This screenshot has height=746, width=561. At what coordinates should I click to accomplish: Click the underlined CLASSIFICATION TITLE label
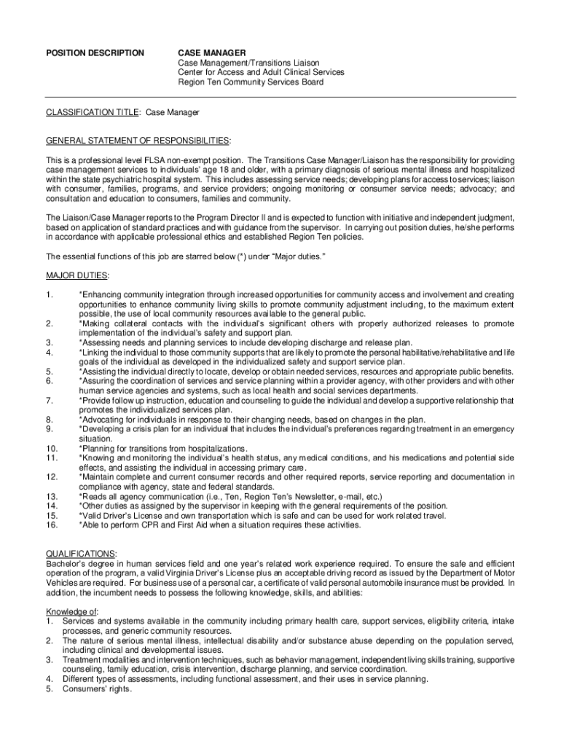click(93, 113)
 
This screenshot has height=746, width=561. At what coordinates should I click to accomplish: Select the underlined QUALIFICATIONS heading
click(81, 554)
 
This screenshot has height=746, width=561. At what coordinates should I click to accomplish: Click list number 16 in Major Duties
click(52, 525)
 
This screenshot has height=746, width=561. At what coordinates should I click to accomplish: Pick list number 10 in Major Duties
click(52, 448)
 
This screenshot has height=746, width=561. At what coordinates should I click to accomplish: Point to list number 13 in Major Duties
click(52, 496)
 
